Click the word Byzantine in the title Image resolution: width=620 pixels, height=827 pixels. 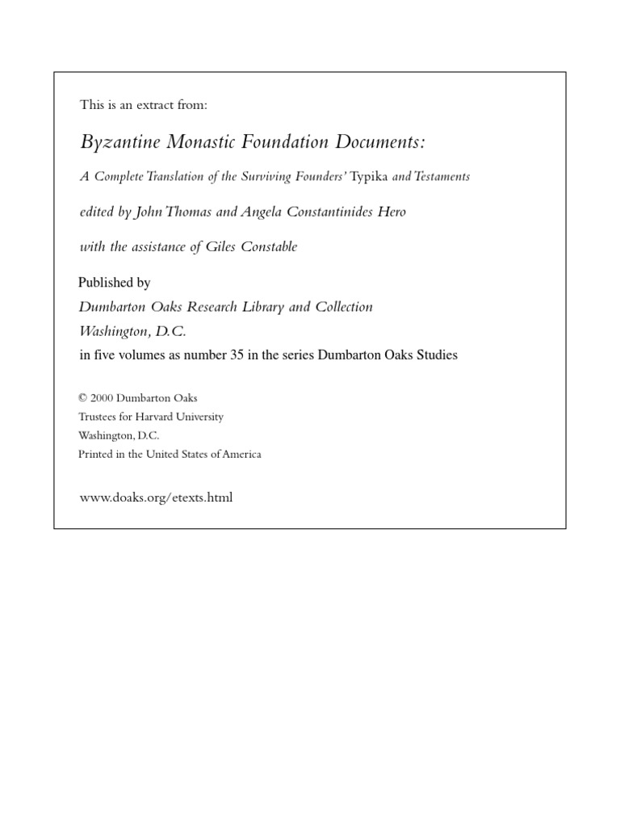tap(119, 143)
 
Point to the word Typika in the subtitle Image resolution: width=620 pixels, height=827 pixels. tap(369, 176)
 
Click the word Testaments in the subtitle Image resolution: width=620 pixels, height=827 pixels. tap(443, 176)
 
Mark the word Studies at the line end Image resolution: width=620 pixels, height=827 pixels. tap(436, 355)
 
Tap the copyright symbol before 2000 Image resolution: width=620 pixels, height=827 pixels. tap(82, 398)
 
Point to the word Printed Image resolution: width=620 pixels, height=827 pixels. tap(95, 454)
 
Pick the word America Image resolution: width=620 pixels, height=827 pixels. tap(241, 454)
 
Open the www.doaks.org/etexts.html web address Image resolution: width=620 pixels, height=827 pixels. tap(156, 497)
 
